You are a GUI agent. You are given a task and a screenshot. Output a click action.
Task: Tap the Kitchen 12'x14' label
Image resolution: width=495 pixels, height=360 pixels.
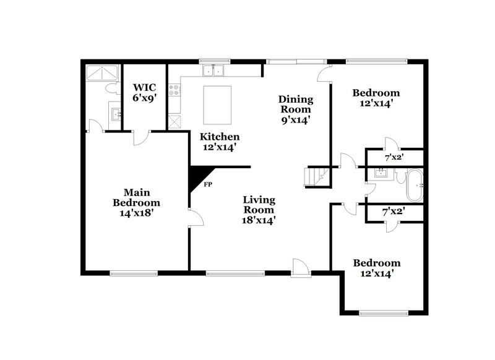pos(219,142)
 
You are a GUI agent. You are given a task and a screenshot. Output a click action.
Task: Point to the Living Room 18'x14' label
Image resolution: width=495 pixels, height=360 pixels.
pos(259,209)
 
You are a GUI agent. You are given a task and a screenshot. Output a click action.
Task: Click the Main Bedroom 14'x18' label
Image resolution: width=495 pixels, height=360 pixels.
pos(136,202)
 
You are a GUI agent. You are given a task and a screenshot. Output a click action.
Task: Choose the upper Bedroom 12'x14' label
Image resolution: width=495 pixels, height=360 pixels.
pos(376,98)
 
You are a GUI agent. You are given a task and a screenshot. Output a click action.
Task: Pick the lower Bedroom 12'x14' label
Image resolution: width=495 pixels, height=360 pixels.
pos(376,267)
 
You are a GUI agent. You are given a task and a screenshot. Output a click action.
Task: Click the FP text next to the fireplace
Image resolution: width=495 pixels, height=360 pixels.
pos(209,184)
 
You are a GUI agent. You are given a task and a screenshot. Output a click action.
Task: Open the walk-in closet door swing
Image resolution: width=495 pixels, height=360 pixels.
pos(141,138)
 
